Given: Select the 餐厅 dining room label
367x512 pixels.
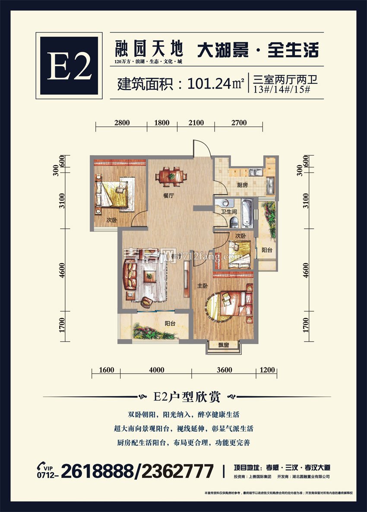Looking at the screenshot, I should coord(168,195).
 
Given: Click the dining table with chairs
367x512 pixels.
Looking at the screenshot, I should coord(172,176).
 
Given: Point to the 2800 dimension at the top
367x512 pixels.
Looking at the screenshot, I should coord(122,123).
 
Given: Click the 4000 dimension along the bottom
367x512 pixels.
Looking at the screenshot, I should coord(156,370).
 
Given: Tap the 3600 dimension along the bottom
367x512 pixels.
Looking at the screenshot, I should coord(225,370).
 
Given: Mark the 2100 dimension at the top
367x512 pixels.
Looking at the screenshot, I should coord(196,123).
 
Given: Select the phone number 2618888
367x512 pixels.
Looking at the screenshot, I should coord(98,470).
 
